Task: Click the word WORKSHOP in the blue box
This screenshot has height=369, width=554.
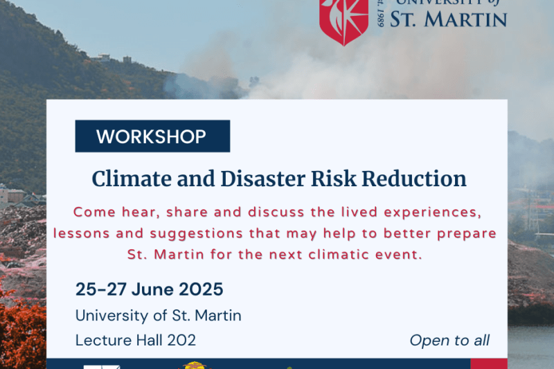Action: point(152,136)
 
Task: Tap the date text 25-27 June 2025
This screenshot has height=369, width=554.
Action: point(149,289)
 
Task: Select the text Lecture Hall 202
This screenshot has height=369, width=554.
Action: point(135,340)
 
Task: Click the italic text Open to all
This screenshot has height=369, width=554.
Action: point(449,340)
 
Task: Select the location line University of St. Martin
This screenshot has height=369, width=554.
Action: point(158,316)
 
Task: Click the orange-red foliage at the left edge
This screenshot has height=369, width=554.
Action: point(17,325)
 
